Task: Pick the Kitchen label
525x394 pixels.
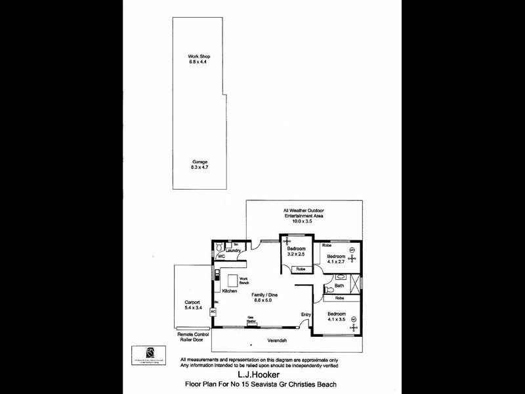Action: pos(229,291)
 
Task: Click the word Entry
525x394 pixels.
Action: pos(306,315)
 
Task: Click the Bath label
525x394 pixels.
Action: pos(339,286)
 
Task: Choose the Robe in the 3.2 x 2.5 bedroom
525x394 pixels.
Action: pos(300,269)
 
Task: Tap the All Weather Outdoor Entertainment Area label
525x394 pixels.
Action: pos(304,215)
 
